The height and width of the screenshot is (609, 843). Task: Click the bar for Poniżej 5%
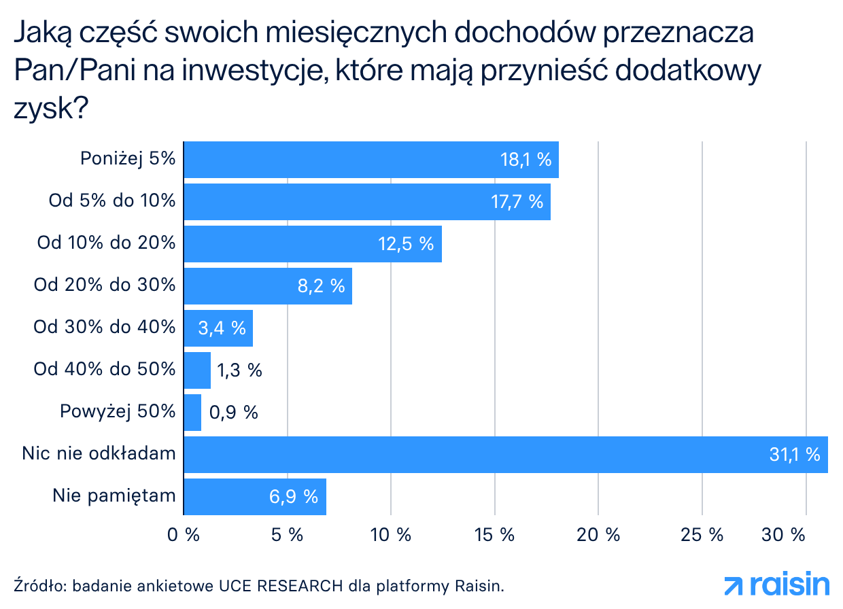[x=371, y=160]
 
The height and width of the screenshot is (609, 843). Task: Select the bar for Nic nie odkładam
[x=506, y=455]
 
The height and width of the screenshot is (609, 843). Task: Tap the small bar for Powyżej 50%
[x=193, y=413]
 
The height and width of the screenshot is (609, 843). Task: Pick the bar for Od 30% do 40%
[x=219, y=328]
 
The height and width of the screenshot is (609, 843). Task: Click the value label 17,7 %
[x=516, y=202]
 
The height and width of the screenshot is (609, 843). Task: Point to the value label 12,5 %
[x=406, y=244]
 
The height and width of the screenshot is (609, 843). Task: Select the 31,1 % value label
[x=794, y=455]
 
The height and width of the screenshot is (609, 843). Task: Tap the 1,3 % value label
[x=239, y=370]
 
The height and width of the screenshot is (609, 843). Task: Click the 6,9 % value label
[x=294, y=497]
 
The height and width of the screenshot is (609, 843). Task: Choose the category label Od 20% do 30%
[x=105, y=285]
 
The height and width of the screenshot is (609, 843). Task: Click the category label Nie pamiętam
[x=114, y=496]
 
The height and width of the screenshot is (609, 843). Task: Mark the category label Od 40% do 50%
[x=105, y=370]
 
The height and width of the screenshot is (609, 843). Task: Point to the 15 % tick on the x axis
[x=494, y=535]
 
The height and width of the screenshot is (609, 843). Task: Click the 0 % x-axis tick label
[x=184, y=535]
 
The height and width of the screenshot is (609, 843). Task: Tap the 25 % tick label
[x=702, y=535]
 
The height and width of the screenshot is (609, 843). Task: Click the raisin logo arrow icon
[x=734, y=585]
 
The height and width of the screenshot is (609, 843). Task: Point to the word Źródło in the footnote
[x=39, y=585]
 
